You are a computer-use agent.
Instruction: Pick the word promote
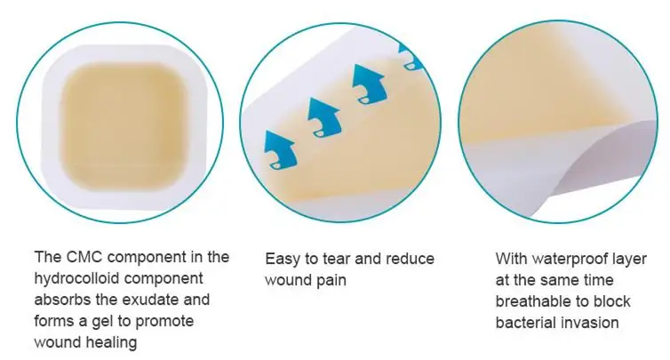[164, 322]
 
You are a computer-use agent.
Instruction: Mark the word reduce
[410, 259]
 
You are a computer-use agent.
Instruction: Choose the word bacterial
[525, 323]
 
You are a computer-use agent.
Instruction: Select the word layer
[630, 260]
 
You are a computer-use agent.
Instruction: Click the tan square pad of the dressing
[124, 125]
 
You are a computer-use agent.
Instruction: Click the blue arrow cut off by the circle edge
[411, 56]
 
